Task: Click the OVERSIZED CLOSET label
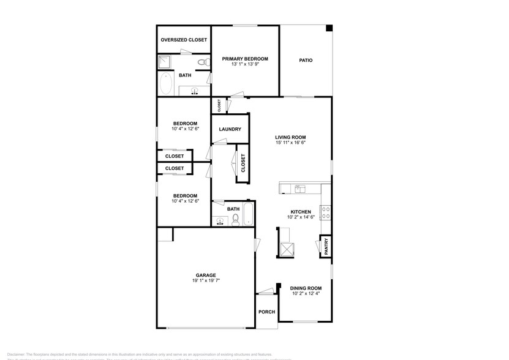(x=184, y=40)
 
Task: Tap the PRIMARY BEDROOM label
(x=245, y=59)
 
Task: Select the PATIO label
(x=306, y=61)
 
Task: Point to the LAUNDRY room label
(x=230, y=129)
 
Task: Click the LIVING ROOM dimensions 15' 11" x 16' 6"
(x=290, y=143)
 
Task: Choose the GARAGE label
(x=206, y=275)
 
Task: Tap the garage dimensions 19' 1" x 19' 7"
(x=206, y=281)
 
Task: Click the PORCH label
(x=266, y=312)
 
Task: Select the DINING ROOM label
(x=306, y=288)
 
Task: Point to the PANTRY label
(x=326, y=247)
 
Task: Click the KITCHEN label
(x=301, y=212)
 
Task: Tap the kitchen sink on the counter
(x=300, y=189)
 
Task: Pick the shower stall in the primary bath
(x=165, y=61)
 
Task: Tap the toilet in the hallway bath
(x=235, y=219)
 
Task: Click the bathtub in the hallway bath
(x=248, y=214)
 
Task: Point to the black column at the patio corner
(x=329, y=28)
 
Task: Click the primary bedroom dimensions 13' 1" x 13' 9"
(x=245, y=64)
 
